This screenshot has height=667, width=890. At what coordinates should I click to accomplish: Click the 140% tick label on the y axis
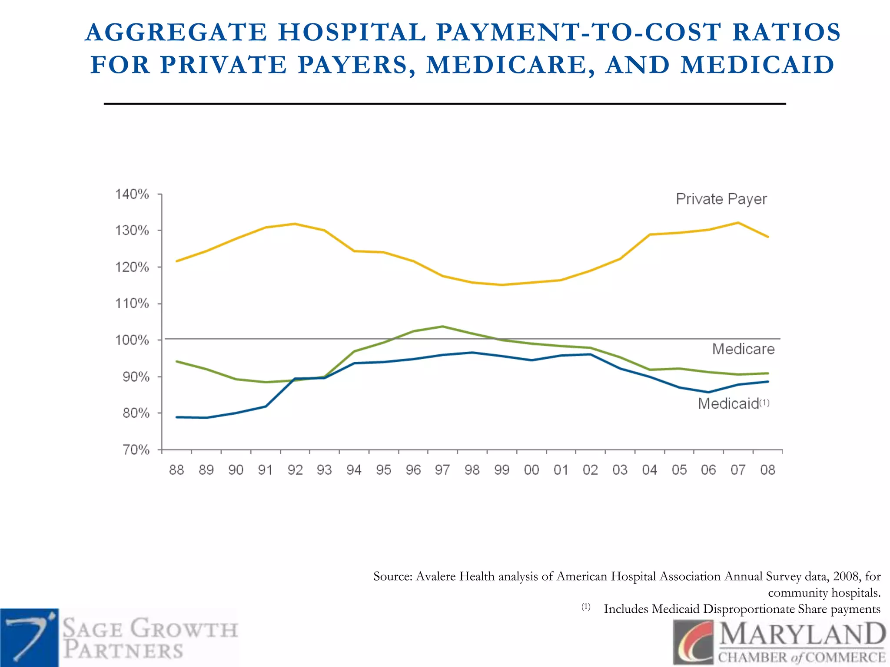pos(132,194)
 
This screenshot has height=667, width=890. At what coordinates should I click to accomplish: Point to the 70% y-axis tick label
pos(136,449)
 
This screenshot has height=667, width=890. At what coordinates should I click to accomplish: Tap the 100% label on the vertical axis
pos(132,340)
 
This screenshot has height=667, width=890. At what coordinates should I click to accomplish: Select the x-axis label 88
pos(176,470)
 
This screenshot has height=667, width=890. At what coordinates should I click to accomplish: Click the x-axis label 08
pos(767,470)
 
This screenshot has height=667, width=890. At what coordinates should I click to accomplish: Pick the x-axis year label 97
pos(442,470)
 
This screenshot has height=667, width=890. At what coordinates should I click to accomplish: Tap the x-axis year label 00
pos(531,470)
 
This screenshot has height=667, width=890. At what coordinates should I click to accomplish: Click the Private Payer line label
pos(721,199)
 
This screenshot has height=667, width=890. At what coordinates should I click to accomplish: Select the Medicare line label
pos(743,349)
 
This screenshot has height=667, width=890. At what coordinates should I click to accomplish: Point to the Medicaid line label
pos(728,404)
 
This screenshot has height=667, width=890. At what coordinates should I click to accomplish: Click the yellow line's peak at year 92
pos(295,224)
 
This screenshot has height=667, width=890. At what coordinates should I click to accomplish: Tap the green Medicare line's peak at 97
pos(442,327)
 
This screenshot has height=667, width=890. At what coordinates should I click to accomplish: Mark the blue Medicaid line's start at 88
pos(177,417)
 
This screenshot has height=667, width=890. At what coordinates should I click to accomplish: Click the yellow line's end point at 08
pos(768,237)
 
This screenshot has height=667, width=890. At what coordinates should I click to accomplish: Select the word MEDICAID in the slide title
pos(757,65)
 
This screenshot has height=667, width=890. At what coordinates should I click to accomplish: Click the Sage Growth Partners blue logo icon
pos(29,637)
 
